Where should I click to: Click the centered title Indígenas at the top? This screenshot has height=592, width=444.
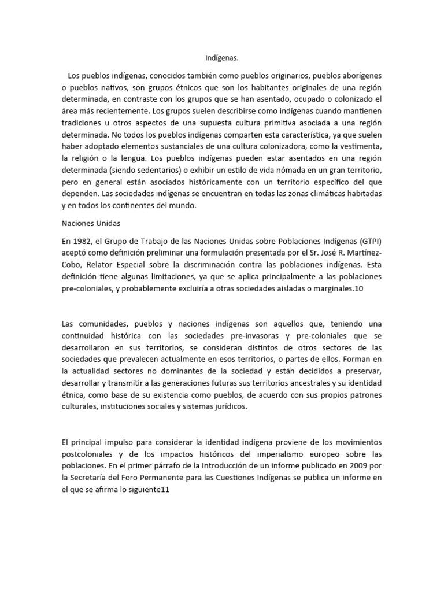[222, 58]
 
